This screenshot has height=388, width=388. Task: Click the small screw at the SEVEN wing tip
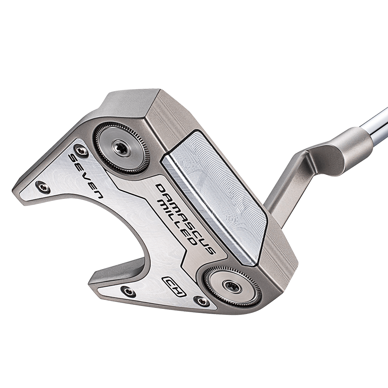tap(42, 187)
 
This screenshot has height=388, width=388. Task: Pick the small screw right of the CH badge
tap(201, 301)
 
